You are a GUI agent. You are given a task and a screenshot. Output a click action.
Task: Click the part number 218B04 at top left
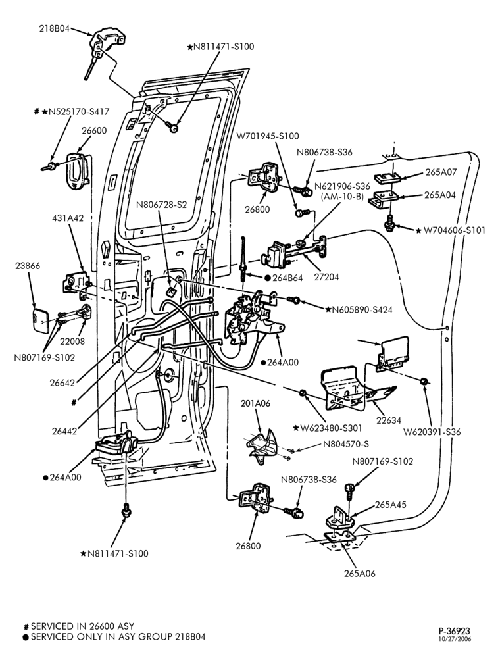(55, 29)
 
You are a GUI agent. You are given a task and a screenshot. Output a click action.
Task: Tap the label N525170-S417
(79, 112)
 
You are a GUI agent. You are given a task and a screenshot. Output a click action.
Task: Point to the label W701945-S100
(268, 136)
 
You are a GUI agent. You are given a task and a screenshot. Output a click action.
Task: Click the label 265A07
(441, 172)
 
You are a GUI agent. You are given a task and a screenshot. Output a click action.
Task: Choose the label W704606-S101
(455, 230)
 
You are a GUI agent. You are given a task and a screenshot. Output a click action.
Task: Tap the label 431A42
(68, 218)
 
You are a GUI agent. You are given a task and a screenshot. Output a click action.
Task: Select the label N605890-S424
(362, 310)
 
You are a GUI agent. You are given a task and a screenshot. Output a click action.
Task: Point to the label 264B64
(287, 278)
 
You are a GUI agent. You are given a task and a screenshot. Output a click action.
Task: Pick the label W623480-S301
(331, 428)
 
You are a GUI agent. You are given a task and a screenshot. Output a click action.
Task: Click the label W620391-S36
(432, 432)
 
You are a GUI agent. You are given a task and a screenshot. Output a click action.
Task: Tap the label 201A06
(255, 403)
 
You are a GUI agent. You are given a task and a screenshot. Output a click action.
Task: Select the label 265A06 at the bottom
(360, 573)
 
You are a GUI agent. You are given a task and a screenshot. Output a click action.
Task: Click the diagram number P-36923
(455, 631)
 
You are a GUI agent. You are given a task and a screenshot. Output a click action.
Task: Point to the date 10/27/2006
(455, 639)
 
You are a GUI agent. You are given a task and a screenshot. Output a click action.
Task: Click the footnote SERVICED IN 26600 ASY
(83, 626)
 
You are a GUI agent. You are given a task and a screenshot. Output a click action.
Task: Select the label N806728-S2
(161, 205)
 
